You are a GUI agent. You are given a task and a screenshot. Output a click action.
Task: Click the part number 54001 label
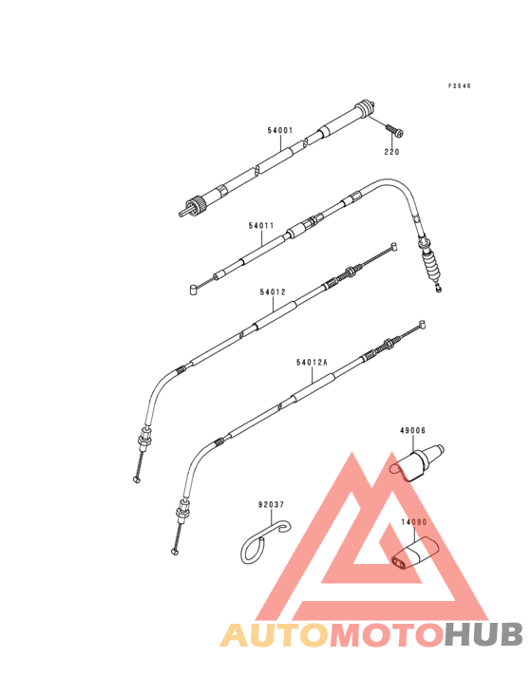coord(280,130)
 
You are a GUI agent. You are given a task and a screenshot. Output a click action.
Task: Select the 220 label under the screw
coord(391,152)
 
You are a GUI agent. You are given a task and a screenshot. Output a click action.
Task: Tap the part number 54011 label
coord(261,226)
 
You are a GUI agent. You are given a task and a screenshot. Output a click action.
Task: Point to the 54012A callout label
coord(312,363)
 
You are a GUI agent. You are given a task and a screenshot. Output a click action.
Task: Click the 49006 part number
coord(412,430)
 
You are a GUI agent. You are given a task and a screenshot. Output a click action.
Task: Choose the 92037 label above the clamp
coord(272,504)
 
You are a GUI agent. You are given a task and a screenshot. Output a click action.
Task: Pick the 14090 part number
coord(414,522)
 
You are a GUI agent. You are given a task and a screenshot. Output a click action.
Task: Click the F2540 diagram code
coord(459,86)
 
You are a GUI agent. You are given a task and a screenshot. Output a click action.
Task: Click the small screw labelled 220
coord(394,130)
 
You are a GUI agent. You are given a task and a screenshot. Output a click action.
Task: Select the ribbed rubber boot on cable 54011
coord(432,266)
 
